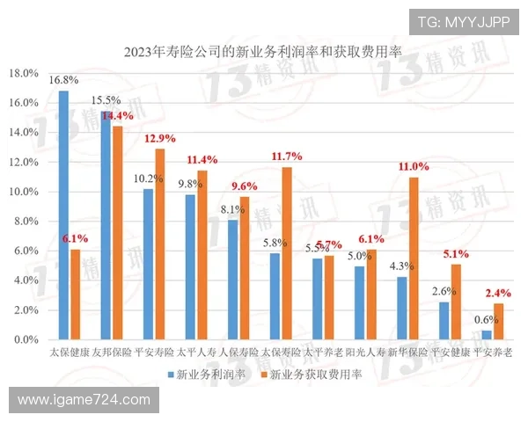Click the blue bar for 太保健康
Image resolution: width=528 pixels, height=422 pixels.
(63, 215)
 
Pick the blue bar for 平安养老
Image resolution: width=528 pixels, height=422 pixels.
(487, 335)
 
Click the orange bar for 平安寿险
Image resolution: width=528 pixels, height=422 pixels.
(159, 244)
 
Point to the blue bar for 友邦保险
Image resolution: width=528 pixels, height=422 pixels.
(106, 225)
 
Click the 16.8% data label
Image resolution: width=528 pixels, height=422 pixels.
(63, 80)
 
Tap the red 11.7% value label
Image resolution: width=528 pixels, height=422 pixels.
(287, 156)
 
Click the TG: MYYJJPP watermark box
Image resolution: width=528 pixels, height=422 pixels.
(463, 22)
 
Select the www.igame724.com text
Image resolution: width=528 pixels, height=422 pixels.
(84, 400)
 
